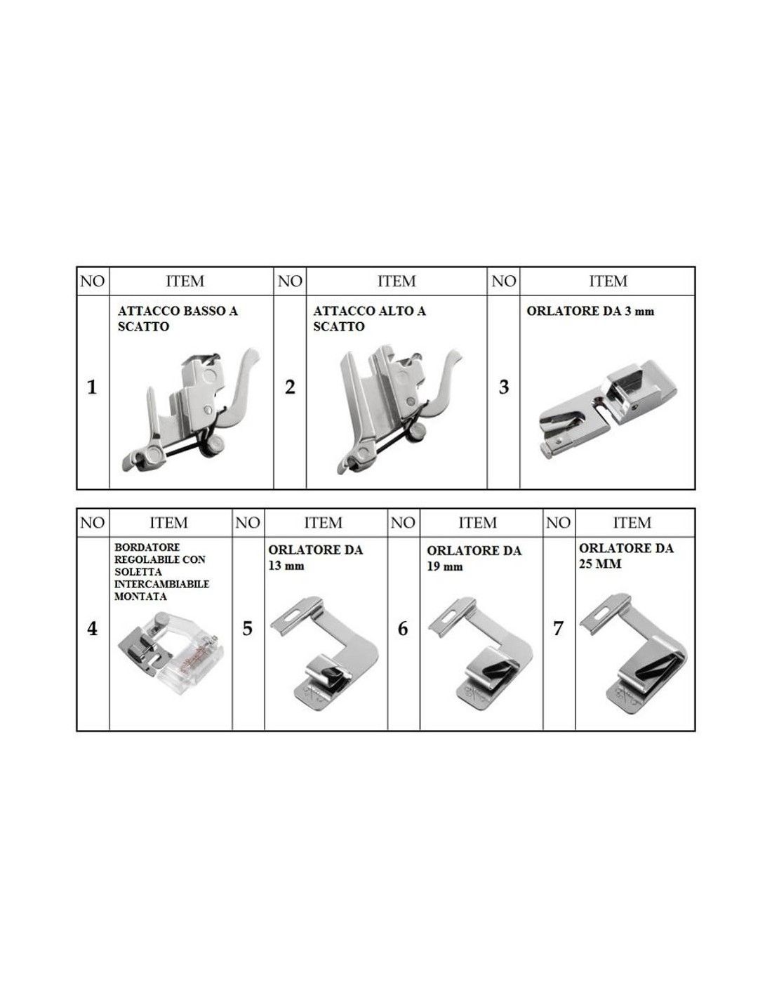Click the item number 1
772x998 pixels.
tap(92, 387)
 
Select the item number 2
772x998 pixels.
tap(290, 387)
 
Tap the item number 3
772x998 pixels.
tap(503, 387)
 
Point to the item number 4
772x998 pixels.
tap(93, 628)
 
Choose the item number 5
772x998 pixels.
tap(247, 628)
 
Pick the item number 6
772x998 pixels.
tap(402, 628)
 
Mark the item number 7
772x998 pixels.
tap(558, 628)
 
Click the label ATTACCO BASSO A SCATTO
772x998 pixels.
tap(178, 319)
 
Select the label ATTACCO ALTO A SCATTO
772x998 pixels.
tap(369, 319)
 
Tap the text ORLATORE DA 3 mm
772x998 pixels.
tap(590, 311)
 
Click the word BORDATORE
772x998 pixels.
tap(147, 547)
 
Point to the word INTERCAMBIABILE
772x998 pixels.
tap(161, 584)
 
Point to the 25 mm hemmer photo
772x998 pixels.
tap(634, 654)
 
